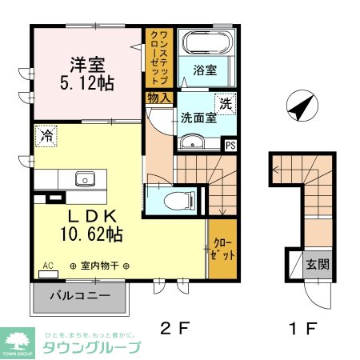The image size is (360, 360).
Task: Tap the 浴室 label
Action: [x=204, y=70]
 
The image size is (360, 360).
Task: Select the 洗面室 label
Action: [x=197, y=116]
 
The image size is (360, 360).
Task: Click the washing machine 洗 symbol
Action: [x=226, y=102]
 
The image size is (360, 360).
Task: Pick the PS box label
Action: [x=230, y=145]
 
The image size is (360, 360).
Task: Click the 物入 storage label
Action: [x=158, y=98]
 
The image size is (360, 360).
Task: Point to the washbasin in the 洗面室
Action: [x=191, y=142]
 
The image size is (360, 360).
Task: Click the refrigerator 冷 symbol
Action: [x=46, y=137]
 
